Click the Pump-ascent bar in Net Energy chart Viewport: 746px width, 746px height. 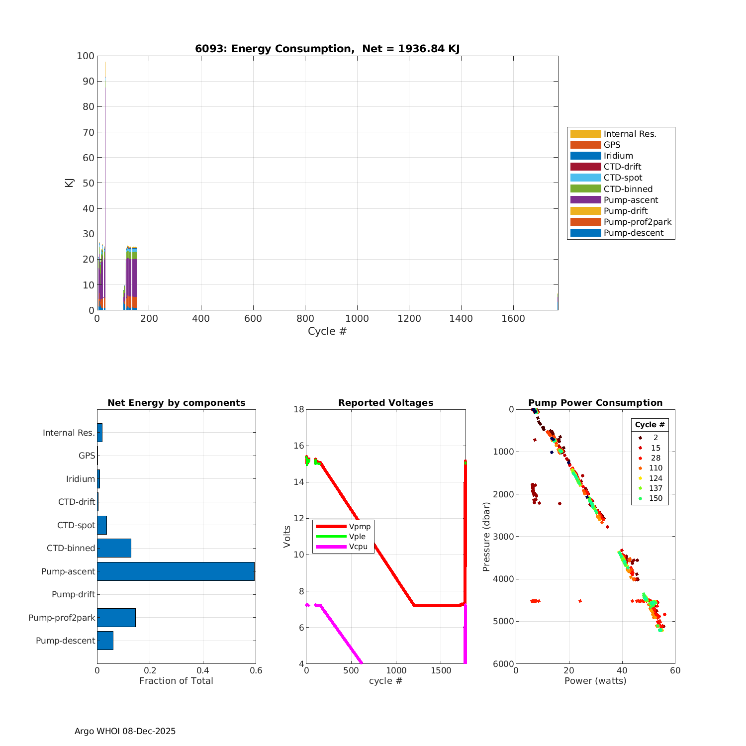pyautogui.click(x=176, y=571)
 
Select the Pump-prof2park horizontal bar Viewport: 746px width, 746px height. pyautogui.click(x=116, y=618)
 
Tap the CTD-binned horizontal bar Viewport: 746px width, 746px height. pyautogui.click(x=114, y=548)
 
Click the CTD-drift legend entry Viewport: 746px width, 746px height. pyautogui.click(x=622, y=167)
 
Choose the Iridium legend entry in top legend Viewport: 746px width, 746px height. pyautogui.click(x=618, y=156)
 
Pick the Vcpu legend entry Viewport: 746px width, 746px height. pyautogui.click(x=358, y=547)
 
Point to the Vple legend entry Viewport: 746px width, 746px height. pyautogui.click(x=357, y=537)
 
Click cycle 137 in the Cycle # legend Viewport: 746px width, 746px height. pyautogui.click(x=655, y=488)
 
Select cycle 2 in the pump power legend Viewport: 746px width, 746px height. pyautogui.click(x=655, y=438)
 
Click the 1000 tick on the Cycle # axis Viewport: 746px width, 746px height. pyautogui.click(x=357, y=319)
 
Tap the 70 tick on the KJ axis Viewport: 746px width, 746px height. pyautogui.click(x=88, y=132)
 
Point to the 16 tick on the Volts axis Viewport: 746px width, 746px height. pyautogui.click(x=298, y=446)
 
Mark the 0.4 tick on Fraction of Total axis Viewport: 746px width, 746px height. pyautogui.click(x=203, y=670)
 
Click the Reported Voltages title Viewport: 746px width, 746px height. pyautogui.click(x=385, y=403)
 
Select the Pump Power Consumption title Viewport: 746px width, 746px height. pyautogui.click(x=595, y=403)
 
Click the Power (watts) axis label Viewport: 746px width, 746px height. pyautogui.click(x=595, y=681)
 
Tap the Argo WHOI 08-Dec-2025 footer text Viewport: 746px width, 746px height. pyautogui.click(x=125, y=731)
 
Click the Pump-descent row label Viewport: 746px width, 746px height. pyautogui.click(x=65, y=641)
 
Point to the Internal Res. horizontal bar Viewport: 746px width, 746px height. pyautogui.click(x=99, y=433)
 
